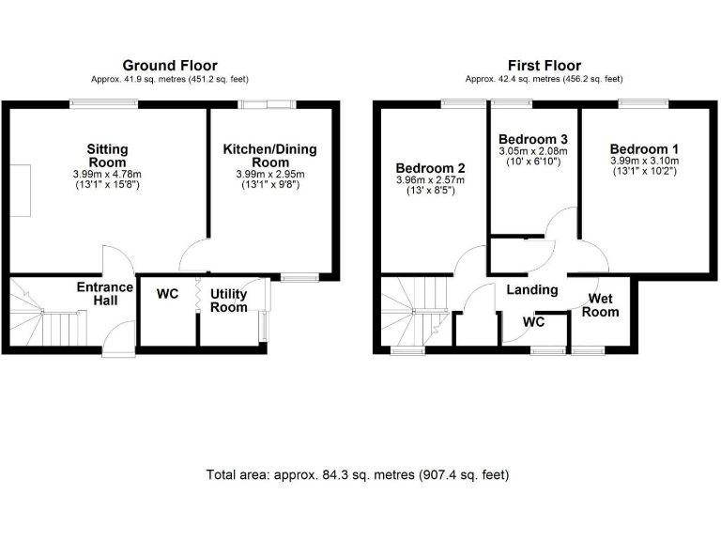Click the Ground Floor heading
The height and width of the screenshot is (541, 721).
[x=170, y=66]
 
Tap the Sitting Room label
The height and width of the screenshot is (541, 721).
[x=107, y=156]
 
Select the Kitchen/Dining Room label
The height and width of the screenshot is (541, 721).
[x=269, y=156]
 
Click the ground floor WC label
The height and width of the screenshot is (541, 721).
[x=167, y=295]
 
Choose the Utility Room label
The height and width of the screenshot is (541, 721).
[x=228, y=301]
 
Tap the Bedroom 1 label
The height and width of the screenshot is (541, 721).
[x=643, y=149]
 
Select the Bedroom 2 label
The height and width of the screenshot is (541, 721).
[x=431, y=169]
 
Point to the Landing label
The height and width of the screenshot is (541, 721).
[x=532, y=290]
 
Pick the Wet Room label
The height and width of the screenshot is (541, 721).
[x=602, y=305]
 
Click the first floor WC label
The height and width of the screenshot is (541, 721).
[x=534, y=321]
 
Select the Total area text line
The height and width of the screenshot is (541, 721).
[x=358, y=475]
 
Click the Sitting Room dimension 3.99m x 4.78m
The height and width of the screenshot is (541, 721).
[x=107, y=175]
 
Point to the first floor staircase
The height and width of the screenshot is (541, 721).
[x=413, y=315]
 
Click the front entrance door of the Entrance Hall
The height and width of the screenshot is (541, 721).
[x=119, y=338]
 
